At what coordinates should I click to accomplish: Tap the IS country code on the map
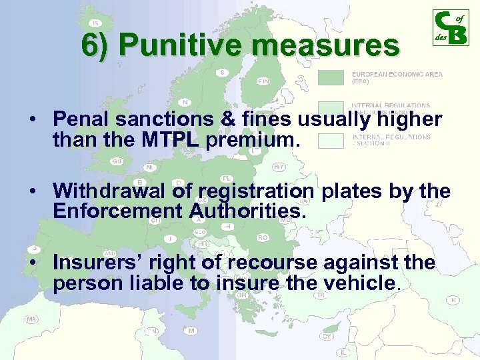[95, 23]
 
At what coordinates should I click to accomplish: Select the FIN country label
[264, 81]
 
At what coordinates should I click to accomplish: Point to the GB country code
[117, 161]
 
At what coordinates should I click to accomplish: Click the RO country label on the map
[263, 237]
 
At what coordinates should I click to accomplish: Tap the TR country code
[321, 295]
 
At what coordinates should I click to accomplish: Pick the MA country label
[31, 319]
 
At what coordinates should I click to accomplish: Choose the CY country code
[327, 337]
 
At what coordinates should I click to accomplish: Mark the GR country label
[241, 295]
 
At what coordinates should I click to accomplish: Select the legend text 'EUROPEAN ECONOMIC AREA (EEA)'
[396, 78]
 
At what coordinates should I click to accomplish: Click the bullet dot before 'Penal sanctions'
[32, 121]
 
